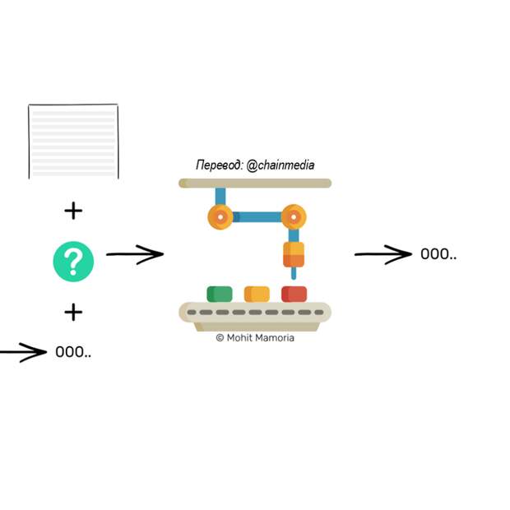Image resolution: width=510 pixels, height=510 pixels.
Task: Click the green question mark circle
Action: coord(73,262)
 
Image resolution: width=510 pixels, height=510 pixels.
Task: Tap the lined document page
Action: coord(73,141)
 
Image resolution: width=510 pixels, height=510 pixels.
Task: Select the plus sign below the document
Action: coord(73,211)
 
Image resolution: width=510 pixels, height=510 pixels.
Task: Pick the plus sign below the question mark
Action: coord(73,312)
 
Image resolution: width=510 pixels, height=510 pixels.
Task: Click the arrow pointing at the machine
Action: coord(135,255)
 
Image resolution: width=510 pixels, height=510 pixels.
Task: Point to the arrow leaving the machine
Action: coord(382,255)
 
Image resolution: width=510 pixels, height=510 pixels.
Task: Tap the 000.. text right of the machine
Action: coord(438,254)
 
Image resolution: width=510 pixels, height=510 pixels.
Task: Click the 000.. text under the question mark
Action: coord(73,353)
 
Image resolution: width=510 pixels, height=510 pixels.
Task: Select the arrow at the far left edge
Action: coord(23,353)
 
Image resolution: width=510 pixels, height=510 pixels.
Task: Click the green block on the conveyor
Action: coord(220,294)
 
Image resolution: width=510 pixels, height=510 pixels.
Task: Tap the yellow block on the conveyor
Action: coord(257,294)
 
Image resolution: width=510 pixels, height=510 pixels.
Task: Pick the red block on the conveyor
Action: coord(294,294)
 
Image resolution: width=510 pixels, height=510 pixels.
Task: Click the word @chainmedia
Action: coord(280,165)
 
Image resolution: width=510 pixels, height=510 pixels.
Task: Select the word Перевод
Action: coord(219,165)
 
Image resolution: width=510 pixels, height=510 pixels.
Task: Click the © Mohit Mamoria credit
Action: coord(255,338)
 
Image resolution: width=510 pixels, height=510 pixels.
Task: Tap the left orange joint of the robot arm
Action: coord(220,217)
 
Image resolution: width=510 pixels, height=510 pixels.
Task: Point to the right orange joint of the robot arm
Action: coord(293,217)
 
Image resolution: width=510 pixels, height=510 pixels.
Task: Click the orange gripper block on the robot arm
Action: coord(294,254)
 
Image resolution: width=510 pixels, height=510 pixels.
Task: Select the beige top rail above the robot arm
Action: coord(255,183)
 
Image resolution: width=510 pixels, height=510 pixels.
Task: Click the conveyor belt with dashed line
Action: coord(255,313)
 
